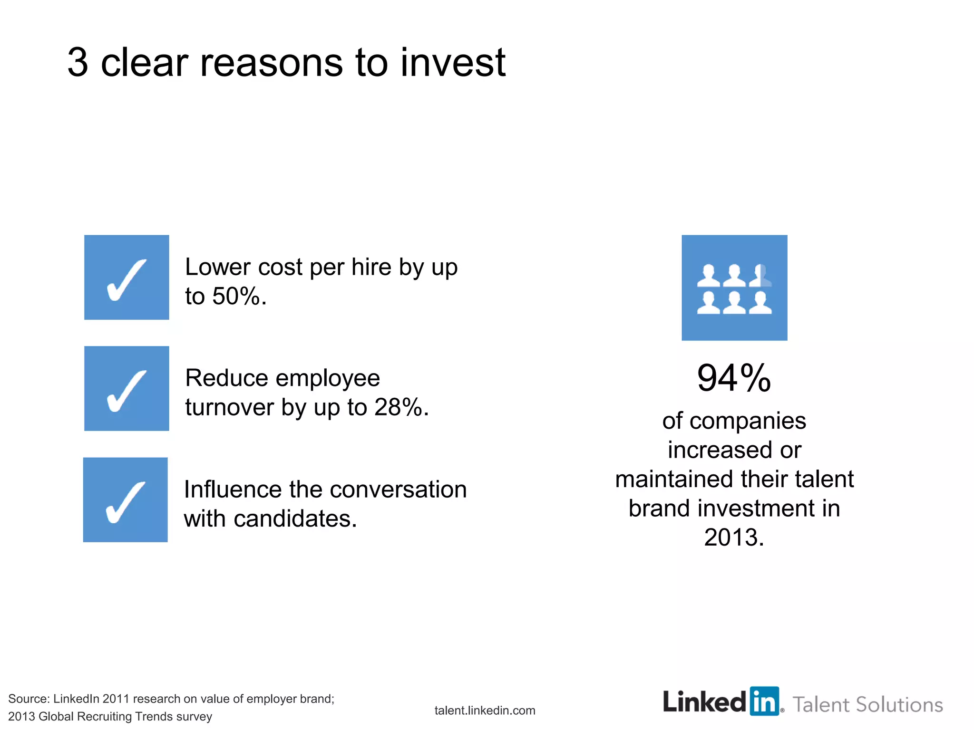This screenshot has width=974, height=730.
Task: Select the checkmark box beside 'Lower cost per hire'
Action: click(127, 278)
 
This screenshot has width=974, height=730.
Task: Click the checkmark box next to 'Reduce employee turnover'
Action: click(127, 389)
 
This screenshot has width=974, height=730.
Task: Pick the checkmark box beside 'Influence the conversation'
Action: click(126, 500)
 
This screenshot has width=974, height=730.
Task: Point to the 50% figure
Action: click(236, 296)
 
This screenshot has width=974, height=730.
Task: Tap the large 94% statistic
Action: click(734, 378)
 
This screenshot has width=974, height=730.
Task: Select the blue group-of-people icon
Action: click(734, 288)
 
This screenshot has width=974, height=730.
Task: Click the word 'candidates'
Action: click(295, 519)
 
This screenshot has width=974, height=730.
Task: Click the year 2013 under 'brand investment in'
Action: click(734, 538)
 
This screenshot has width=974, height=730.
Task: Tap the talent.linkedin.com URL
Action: click(485, 711)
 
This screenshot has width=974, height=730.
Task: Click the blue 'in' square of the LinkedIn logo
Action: click(764, 701)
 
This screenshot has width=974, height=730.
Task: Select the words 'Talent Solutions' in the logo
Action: click(867, 704)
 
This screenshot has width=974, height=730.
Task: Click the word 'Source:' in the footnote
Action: click(29, 699)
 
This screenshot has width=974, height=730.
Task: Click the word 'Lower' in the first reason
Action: click(217, 267)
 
